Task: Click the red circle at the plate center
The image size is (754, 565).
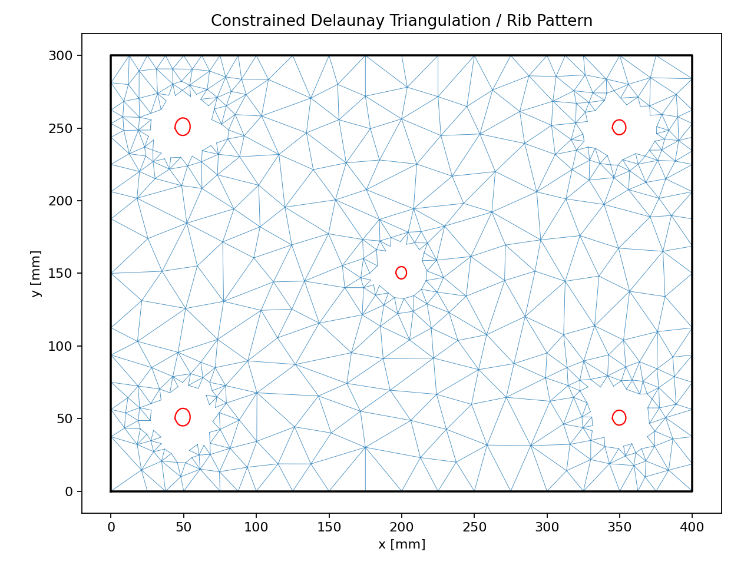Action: (x=401, y=272)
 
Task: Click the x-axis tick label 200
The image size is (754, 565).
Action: (x=401, y=527)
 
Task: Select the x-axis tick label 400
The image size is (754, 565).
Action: (x=692, y=527)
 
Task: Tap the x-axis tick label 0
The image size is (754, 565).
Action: (x=111, y=527)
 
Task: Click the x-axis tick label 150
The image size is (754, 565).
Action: (x=329, y=527)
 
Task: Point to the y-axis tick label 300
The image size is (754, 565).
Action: (x=60, y=56)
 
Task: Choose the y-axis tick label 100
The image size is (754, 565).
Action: (x=60, y=346)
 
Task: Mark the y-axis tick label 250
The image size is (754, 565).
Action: (x=60, y=128)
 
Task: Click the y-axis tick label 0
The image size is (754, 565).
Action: (x=69, y=491)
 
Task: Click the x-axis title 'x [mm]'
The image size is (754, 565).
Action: (x=401, y=544)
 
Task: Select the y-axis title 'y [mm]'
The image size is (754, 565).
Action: (x=37, y=274)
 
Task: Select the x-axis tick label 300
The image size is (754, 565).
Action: (x=547, y=527)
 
